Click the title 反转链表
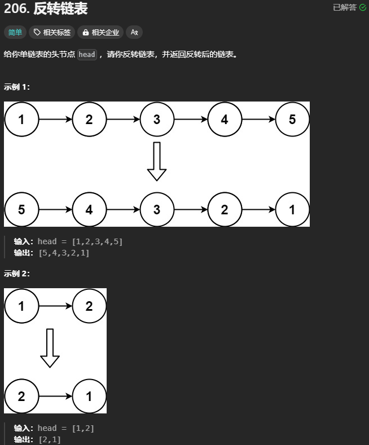[x=60, y=9]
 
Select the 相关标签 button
[x=52, y=32]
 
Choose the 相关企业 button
[x=100, y=32]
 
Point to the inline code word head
[x=87, y=55]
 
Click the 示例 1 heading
[x=17, y=87]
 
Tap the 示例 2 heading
[x=17, y=274]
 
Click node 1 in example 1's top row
[x=21, y=120]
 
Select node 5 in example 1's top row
[x=292, y=120]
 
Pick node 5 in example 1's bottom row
[x=21, y=210]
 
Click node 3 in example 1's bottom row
[x=157, y=210]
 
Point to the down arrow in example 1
[x=157, y=161]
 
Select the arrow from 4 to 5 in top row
[x=258, y=120]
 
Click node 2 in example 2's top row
[x=89, y=306]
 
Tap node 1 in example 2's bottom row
[x=89, y=396]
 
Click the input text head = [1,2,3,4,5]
[x=80, y=241]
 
